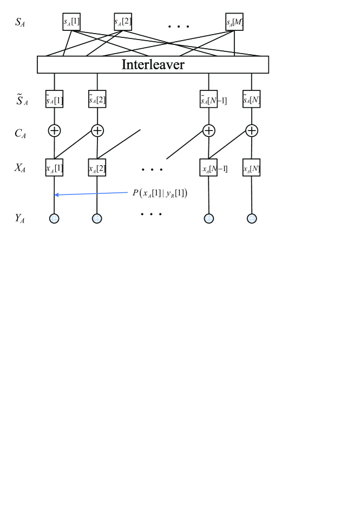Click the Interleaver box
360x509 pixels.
coord(153,64)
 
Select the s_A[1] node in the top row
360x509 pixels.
coord(71,22)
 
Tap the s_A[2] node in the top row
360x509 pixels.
coord(123,22)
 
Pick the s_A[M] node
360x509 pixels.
coord(234,22)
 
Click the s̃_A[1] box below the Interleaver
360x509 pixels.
coord(54,99)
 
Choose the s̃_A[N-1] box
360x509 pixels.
coord(209,99)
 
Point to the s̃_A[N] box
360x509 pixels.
coord(252,99)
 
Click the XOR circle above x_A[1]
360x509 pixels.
coord(54,130)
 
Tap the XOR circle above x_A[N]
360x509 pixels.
coord(252,130)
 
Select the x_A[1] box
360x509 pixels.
coord(54,168)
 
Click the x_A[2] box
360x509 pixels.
coord(97,168)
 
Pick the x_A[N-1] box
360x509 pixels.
coord(209,168)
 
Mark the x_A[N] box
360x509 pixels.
coord(252,168)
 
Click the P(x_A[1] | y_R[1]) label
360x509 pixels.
coord(160,192)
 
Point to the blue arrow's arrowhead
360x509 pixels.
coord(56,194)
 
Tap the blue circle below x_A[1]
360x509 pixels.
coord(54,219)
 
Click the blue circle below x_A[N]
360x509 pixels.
coord(252,219)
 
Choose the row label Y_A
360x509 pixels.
coord(20,219)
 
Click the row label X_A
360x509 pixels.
coord(20,168)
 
